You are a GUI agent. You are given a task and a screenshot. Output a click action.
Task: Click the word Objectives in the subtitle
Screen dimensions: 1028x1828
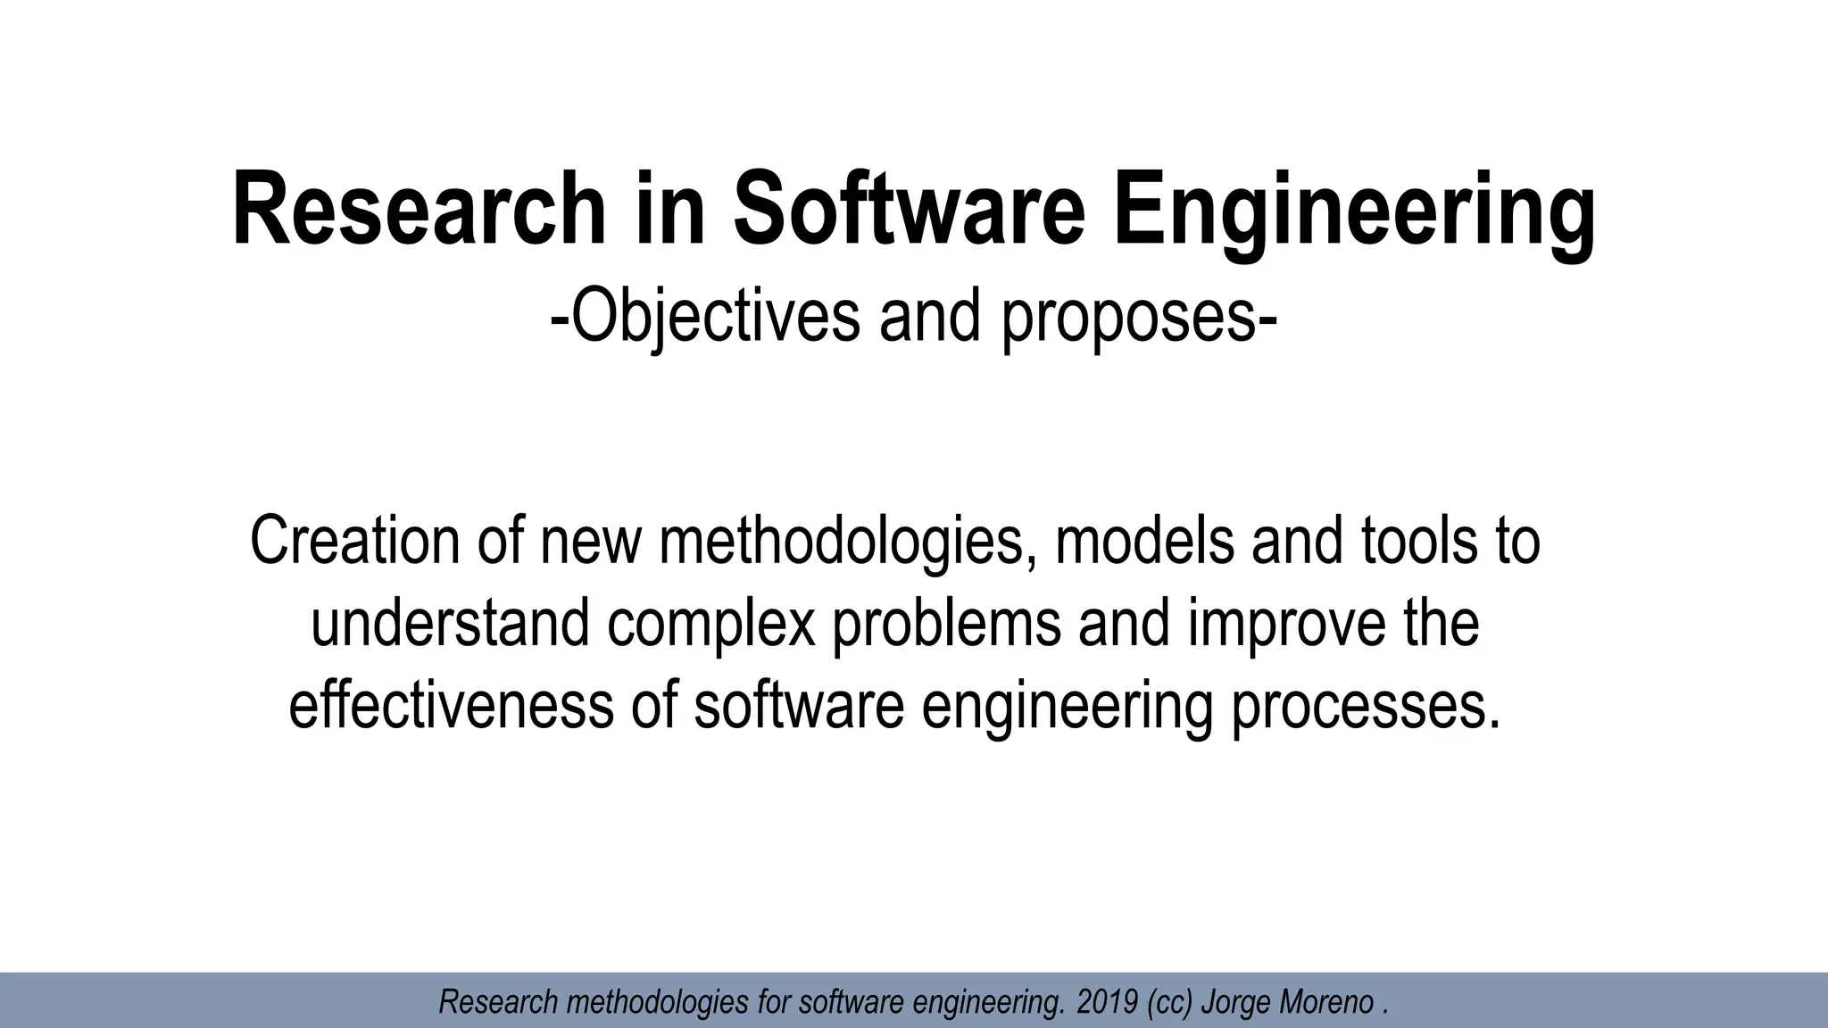pyautogui.click(x=713, y=316)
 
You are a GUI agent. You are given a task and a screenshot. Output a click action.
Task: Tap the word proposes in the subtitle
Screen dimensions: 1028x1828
pyautogui.click(x=1130, y=318)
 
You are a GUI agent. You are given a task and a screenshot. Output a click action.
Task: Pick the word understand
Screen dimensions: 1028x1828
pyautogui.click(x=450, y=623)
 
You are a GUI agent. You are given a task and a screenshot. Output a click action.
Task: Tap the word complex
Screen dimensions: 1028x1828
pyautogui.click(x=711, y=625)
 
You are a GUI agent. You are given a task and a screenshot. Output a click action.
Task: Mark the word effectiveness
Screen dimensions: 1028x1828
pyautogui.click(x=452, y=705)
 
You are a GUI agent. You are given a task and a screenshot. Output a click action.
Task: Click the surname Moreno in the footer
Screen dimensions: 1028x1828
pyautogui.click(x=1327, y=1002)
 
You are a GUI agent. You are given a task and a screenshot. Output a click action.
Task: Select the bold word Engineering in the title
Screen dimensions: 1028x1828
pyautogui.click(x=1354, y=212)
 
